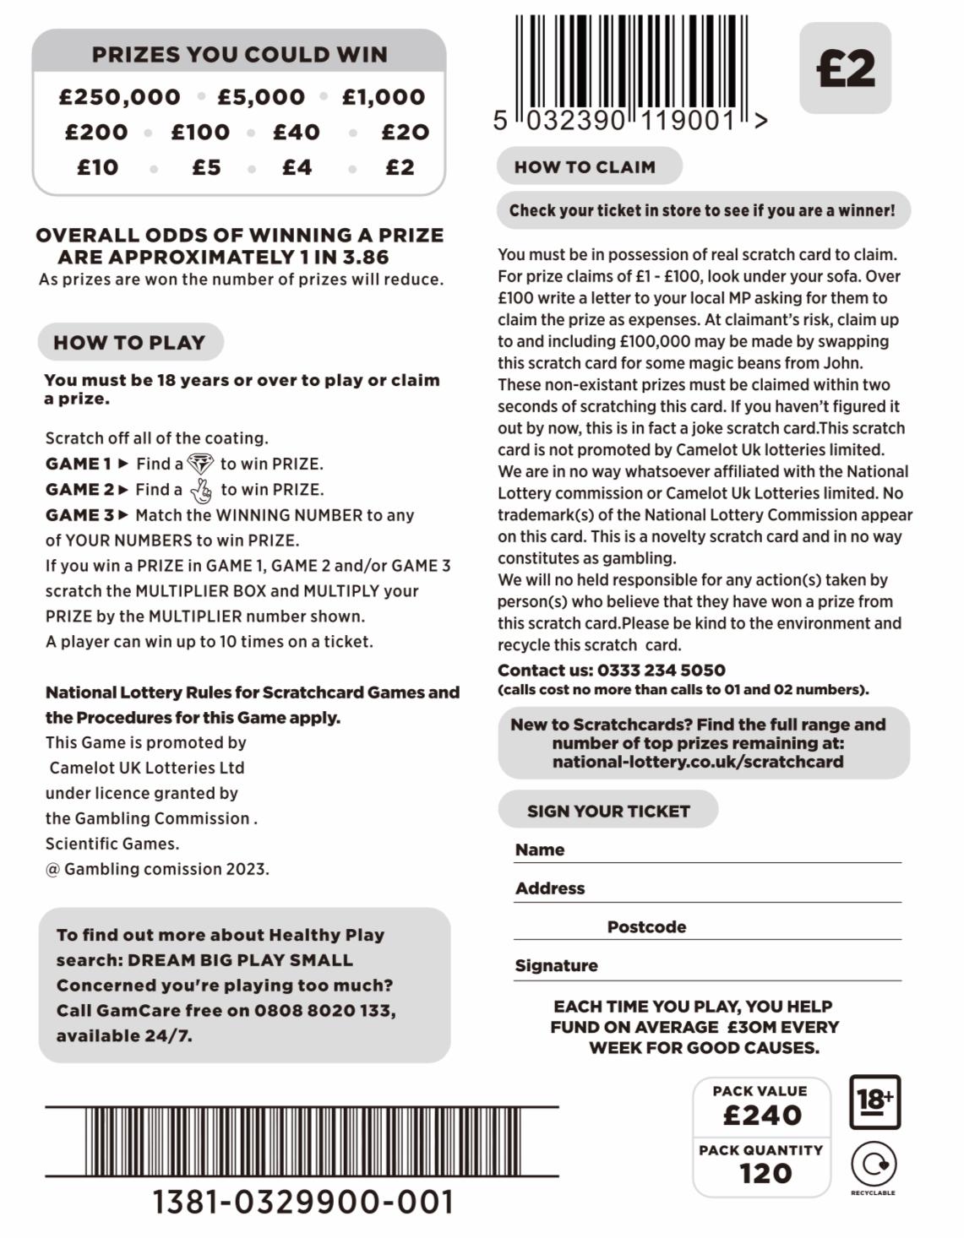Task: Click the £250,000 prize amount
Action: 119,97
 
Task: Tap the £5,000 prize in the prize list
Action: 261,97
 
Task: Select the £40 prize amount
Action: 297,133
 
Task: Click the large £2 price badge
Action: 845,68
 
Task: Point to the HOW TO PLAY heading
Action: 129,342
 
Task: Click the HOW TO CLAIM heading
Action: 585,166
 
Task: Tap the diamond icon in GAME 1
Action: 201,464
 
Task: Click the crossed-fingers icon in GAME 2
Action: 201,490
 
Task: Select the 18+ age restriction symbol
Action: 874,1101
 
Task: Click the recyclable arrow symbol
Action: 874,1165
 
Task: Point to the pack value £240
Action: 762,1116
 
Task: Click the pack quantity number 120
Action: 765,1173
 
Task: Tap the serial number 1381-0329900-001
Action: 302,1202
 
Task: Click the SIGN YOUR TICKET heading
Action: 608,811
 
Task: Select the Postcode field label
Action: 646,926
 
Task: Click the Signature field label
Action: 556,965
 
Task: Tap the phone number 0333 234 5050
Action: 661,670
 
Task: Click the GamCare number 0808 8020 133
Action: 324,1010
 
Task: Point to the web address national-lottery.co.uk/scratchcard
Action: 698,761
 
